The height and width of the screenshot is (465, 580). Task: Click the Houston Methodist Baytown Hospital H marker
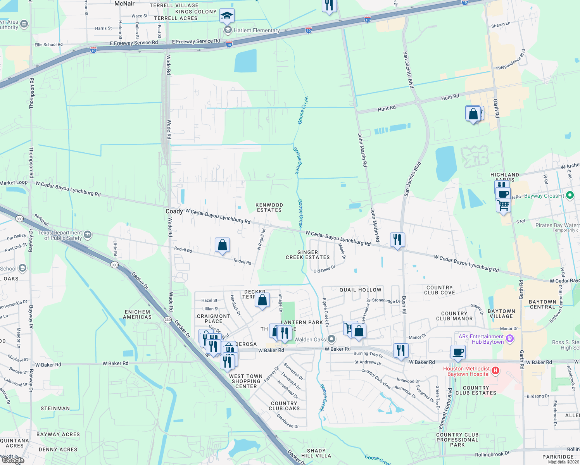(495, 371)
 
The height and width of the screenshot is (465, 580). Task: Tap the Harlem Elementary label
(256, 30)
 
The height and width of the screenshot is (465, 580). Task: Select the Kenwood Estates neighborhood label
(269, 207)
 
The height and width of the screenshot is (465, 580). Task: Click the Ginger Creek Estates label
(307, 255)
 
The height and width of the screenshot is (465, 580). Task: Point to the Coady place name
(174, 211)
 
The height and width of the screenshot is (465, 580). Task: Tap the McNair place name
(124, 3)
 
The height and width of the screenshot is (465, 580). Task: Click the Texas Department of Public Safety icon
(88, 234)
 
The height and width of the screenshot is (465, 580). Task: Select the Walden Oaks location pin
(331, 339)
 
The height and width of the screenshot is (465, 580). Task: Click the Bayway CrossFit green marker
(570, 196)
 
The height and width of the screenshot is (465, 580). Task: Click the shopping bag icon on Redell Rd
(222, 245)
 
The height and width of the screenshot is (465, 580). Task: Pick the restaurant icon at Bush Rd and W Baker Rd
(401, 350)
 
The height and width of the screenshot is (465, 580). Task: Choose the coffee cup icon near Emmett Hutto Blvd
(458, 352)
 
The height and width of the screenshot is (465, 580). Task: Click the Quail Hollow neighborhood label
(360, 290)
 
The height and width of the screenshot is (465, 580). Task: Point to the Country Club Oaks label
(284, 406)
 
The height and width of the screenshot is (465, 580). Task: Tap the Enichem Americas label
(137, 314)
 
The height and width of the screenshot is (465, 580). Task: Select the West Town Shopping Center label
(245, 381)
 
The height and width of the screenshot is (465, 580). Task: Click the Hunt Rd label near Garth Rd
(450, 96)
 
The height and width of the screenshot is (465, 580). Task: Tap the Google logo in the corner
(13, 460)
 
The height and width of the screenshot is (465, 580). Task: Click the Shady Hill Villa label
(316, 453)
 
